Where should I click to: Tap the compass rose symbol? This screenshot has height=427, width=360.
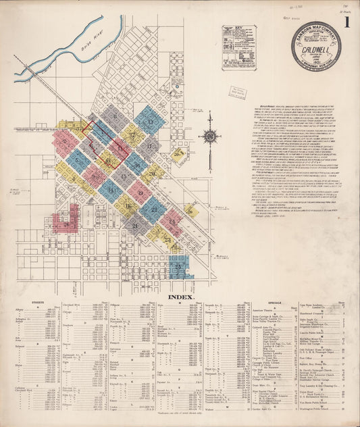tap(210, 136)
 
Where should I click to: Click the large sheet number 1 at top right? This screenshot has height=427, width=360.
tap(346, 22)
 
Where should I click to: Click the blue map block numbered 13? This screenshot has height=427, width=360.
tap(149, 121)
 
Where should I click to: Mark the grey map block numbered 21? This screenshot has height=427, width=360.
tap(136, 225)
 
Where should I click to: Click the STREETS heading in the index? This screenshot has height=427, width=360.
tap(34, 303)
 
